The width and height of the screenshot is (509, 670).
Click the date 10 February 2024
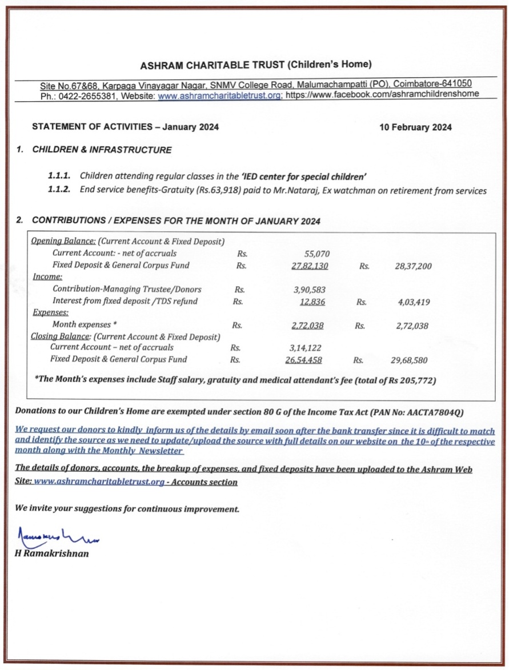tap(415, 127)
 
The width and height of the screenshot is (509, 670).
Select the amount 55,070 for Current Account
tap(315, 254)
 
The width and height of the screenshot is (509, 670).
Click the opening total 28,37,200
tap(413, 266)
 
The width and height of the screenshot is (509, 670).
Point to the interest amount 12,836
tap(312, 302)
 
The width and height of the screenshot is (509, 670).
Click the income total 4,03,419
tap(414, 302)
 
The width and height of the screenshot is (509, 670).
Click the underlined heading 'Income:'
tap(47, 277)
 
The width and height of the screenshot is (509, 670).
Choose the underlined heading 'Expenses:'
tap(50, 312)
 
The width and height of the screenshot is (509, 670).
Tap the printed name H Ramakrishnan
tap(51, 553)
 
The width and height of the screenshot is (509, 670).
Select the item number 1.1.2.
tap(59, 191)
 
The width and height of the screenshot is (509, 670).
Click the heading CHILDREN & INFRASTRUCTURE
tap(102, 150)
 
